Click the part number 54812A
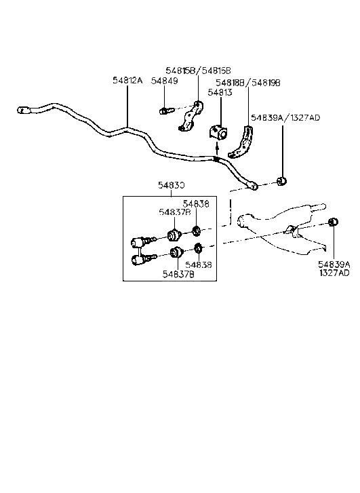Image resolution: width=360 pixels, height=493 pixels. coord(127,81)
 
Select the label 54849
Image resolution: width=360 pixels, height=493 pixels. coord(165,81)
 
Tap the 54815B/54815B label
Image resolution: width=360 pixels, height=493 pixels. coord(198,71)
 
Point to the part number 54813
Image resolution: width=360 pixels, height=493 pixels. coord(220,93)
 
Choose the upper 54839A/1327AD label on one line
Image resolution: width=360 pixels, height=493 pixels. coord(285,118)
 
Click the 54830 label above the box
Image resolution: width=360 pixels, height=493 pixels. coord(172,184)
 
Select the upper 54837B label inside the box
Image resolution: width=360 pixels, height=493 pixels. coord(175,212)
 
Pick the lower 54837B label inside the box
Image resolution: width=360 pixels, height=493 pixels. coord(178,273)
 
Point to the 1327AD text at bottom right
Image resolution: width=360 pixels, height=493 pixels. coord(335,273)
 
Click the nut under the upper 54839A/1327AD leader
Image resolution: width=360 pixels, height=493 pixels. coord(283,181)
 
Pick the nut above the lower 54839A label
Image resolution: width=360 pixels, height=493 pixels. coord(332,223)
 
